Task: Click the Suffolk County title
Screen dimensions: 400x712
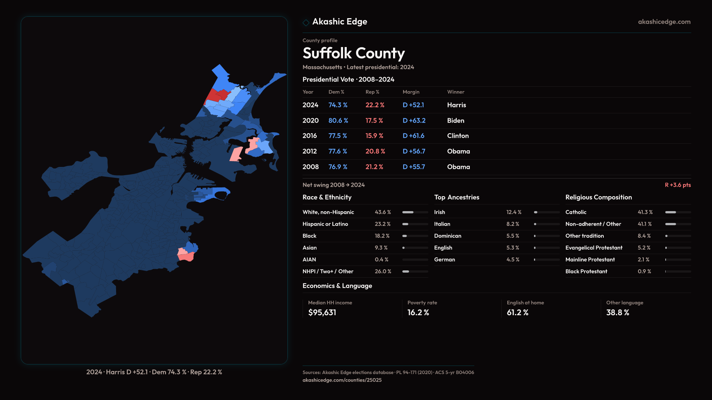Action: (x=353, y=53)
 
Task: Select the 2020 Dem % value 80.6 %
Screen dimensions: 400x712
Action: (x=338, y=121)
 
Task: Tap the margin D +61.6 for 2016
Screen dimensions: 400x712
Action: (x=413, y=136)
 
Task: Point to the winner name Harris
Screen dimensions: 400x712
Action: (x=456, y=105)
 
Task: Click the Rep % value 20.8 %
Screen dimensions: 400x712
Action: (x=375, y=151)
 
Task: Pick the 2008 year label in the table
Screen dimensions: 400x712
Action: (x=310, y=167)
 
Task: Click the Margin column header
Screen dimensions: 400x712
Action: (x=411, y=92)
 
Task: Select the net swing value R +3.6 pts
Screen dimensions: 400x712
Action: (x=678, y=185)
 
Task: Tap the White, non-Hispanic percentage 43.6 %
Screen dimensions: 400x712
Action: (x=383, y=212)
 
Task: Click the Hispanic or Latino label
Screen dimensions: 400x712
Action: (x=325, y=224)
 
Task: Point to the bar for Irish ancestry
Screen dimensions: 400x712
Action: (x=547, y=212)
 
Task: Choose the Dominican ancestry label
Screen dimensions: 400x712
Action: (x=448, y=236)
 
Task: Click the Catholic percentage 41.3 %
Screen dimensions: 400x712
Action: (x=645, y=212)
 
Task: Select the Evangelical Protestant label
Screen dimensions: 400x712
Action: (x=594, y=248)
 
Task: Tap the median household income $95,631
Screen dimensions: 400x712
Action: (x=322, y=313)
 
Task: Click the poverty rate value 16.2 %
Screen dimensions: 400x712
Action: (x=418, y=313)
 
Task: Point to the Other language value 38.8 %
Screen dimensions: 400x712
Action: (x=617, y=313)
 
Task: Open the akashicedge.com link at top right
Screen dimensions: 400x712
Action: (x=664, y=22)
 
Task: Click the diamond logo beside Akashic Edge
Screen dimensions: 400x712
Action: (x=306, y=23)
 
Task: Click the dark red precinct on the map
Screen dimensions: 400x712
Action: (x=213, y=96)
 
